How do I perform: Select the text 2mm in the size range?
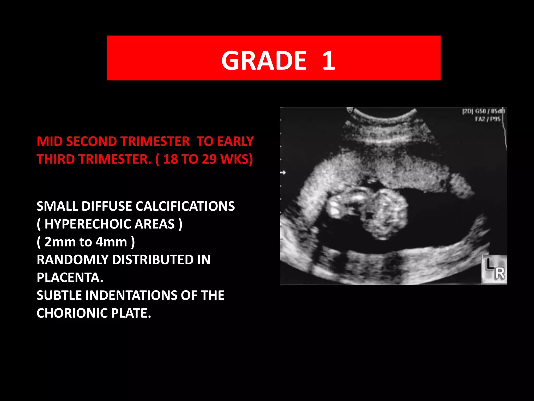click(60, 242)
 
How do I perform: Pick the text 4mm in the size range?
click(111, 242)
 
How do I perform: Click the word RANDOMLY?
click(72, 260)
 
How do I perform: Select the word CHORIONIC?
click(72, 313)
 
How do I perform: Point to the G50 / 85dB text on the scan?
click(490, 111)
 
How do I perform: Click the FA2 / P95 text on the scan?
click(488, 119)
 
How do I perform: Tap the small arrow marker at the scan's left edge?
click(283, 173)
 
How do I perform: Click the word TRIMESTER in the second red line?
click(115, 159)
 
